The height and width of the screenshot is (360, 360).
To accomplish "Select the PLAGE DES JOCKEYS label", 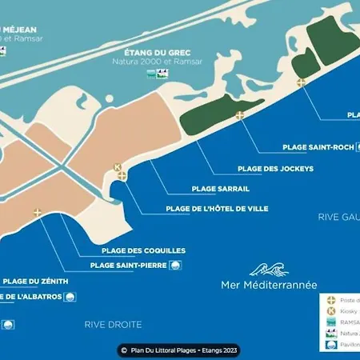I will click(275, 169).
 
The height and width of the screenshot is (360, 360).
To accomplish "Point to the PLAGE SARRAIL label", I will click(221, 189).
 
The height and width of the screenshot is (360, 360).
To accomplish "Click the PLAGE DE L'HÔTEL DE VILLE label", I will click(217, 209).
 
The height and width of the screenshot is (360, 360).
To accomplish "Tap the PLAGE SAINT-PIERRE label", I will click(128, 266).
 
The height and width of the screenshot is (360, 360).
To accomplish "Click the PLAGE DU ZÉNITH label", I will click(34, 282).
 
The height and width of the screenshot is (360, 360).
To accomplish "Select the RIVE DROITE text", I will click(113, 324).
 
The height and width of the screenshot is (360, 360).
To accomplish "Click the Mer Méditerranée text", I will click(269, 285).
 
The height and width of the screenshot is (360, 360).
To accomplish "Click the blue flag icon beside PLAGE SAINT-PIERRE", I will click(174, 266).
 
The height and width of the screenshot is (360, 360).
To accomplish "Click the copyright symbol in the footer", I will click(124, 350).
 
